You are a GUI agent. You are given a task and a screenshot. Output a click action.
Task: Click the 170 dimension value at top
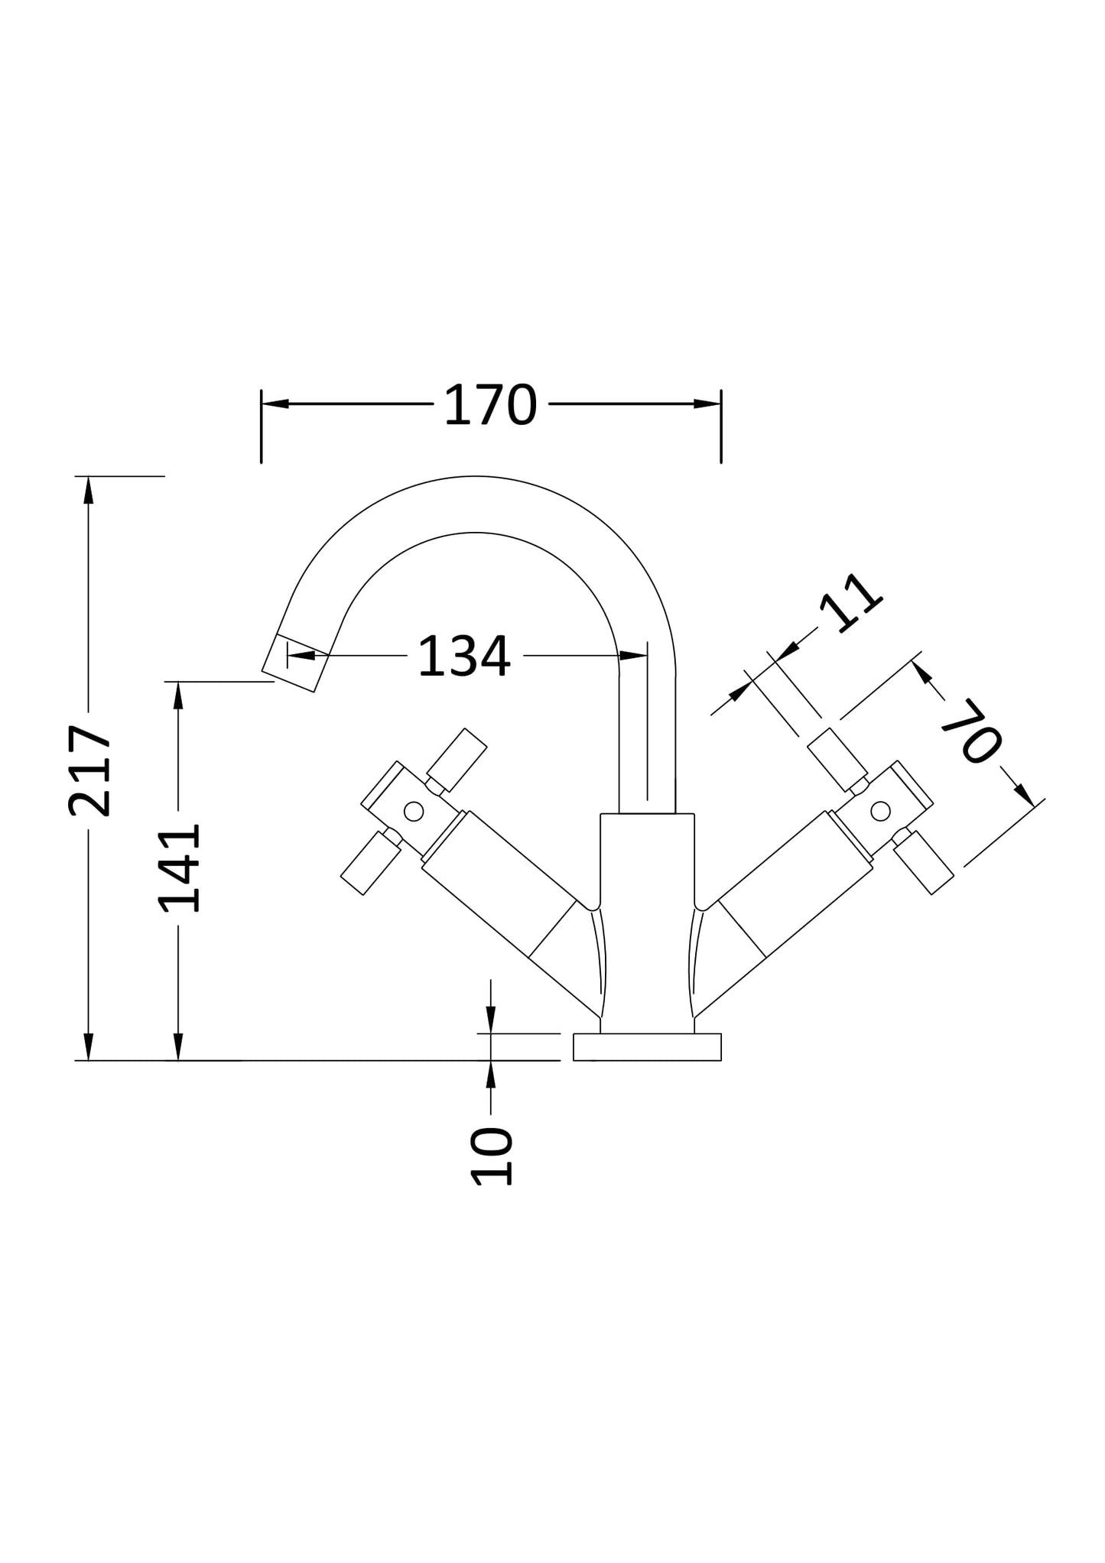coord(490,405)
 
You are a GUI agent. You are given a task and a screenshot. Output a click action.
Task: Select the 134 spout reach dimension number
coord(464,656)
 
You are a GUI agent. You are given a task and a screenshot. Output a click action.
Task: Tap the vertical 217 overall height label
coord(90,770)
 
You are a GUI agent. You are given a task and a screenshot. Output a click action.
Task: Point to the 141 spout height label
coord(179,868)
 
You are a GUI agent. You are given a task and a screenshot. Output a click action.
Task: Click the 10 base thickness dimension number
coord(491,1156)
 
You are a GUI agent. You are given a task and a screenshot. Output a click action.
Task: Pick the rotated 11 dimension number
coord(850,602)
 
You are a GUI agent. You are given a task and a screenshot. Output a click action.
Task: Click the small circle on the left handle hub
coord(414,811)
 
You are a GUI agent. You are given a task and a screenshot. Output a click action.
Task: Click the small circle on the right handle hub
coord(880,811)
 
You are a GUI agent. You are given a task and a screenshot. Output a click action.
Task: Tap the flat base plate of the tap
coord(647,1046)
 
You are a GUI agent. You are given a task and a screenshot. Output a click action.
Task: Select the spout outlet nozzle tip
coord(295,663)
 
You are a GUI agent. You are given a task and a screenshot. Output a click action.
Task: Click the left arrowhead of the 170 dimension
coord(275,404)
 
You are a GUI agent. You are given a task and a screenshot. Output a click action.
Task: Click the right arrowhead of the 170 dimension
coord(707,404)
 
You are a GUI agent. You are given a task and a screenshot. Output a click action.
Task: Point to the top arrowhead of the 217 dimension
coord(89,490)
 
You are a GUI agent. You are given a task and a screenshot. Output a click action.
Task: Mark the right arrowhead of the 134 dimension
coord(633,655)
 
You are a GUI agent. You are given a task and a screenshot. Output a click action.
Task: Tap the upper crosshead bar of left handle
coord(457,760)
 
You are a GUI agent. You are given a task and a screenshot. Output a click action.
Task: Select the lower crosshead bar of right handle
coord(923,862)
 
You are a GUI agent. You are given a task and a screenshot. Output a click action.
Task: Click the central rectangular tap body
coord(647,917)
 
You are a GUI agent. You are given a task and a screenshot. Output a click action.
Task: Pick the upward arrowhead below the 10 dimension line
coord(491,1075)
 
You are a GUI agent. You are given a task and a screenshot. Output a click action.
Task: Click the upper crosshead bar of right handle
coord(837,760)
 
